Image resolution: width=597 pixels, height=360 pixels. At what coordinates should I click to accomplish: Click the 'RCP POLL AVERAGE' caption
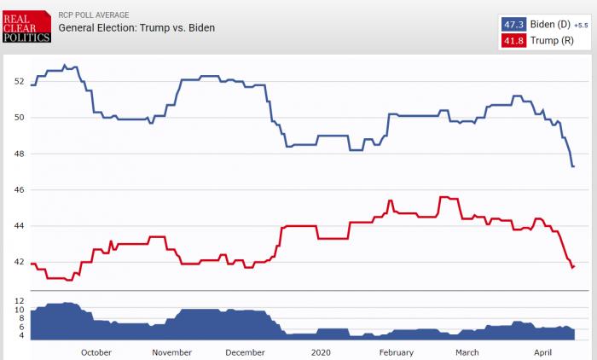click(x=93, y=15)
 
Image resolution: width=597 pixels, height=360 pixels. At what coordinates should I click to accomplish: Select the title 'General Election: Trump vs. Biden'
click(x=136, y=27)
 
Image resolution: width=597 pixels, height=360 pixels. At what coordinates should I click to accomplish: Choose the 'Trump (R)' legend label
click(x=551, y=40)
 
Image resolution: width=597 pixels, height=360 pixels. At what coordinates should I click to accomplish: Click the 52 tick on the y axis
click(x=19, y=82)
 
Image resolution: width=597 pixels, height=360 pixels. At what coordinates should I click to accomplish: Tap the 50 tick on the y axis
click(x=19, y=118)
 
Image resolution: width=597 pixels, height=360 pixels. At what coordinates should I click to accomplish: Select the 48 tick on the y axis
click(x=19, y=154)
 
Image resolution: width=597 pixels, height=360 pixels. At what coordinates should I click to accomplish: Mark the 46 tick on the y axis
click(x=19, y=189)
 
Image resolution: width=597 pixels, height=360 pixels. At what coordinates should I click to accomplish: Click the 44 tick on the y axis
click(x=19, y=226)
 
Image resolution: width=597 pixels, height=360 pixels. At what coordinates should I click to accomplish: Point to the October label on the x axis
click(x=96, y=352)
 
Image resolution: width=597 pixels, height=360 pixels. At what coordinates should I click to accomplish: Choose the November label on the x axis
click(x=171, y=352)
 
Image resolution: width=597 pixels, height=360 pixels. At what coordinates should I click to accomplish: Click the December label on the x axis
click(x=246, y=352)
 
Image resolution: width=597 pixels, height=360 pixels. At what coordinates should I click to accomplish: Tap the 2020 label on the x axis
click(x=321, y=352)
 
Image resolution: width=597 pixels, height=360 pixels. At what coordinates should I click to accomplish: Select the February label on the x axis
click(x=396, y=352)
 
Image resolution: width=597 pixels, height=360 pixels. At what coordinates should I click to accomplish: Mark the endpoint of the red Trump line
click(x=573, y=267)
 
